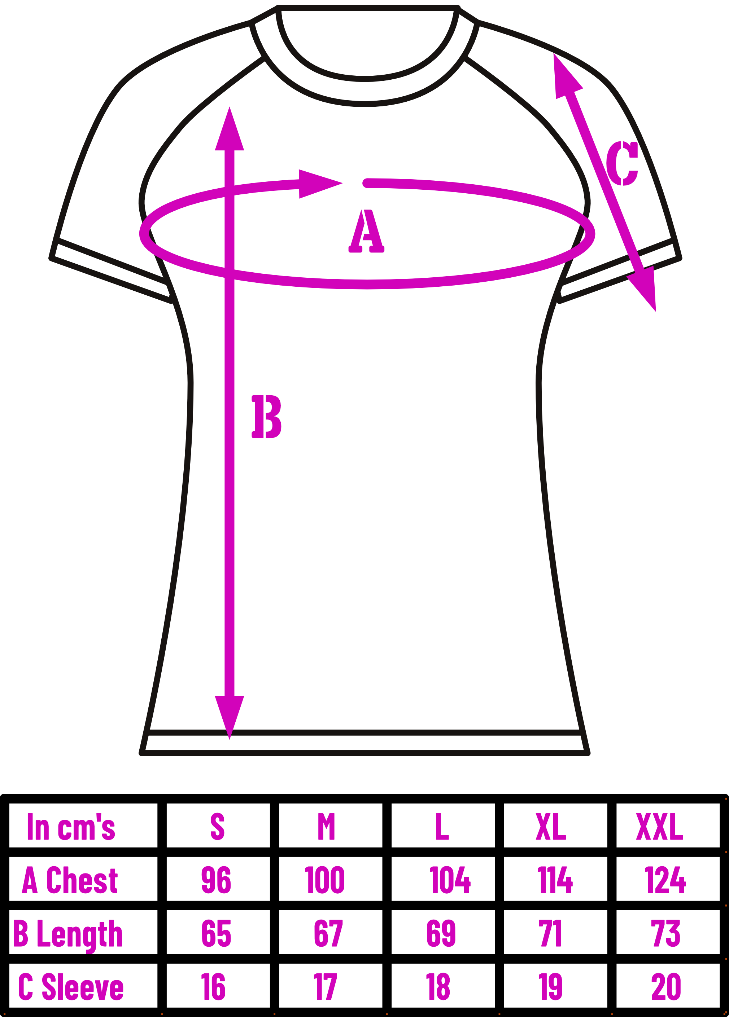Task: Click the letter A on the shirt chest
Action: (366, 231)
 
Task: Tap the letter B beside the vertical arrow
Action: (266, 417)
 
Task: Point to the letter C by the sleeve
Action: (622, 163)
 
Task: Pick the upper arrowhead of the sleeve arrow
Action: (566, 76)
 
